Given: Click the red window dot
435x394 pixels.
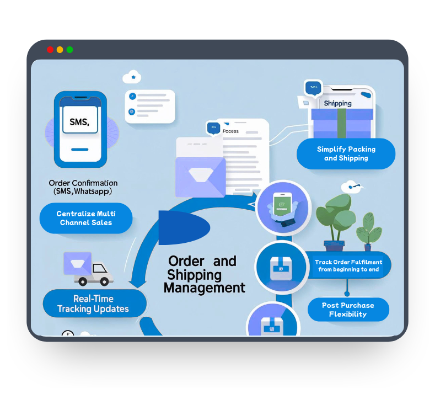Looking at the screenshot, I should click(50, 49).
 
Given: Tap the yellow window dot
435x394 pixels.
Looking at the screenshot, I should click(60, 49).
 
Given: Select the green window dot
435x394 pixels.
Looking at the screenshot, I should click(70, 49).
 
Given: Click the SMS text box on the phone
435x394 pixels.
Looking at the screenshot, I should click(80, 122).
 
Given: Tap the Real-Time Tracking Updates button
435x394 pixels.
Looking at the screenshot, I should click(93, 304).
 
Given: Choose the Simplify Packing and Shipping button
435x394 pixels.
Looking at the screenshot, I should click(346, 153).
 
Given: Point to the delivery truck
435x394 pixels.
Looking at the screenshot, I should click(88, 268).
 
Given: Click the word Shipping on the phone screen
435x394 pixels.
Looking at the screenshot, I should click(337, 103).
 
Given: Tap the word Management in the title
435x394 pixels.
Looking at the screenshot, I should click(205, 287).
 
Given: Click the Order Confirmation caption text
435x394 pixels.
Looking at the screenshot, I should click(83, 187).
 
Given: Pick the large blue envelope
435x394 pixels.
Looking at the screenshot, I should click(201, 175).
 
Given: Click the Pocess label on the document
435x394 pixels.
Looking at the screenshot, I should click(230, 131).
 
